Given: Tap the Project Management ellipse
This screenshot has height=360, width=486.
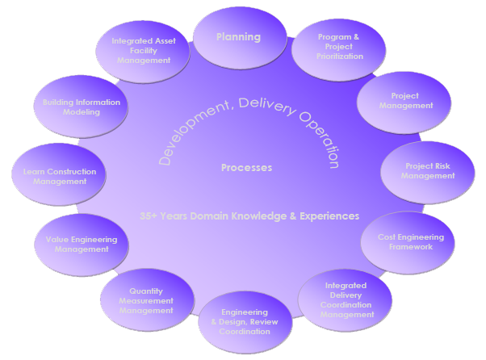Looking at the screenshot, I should click(x=400, y=103).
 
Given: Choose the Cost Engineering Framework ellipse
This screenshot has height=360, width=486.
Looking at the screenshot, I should click(x=410, y=242).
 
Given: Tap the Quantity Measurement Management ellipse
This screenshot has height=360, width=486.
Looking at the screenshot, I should click(x=146, y=300).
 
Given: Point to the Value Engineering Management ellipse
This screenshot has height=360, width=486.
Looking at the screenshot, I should click(x=81, y=245).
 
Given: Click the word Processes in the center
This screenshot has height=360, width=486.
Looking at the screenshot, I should click(x=246, y=168).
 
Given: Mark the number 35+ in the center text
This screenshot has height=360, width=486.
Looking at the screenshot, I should click(x=149, y=216).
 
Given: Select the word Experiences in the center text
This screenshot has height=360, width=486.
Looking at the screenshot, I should click(x=329, y=216).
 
